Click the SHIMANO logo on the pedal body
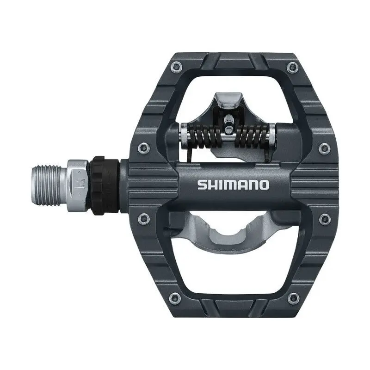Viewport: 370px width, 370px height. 233,185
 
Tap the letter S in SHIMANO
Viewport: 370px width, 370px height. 202,185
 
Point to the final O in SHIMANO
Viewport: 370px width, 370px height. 264,185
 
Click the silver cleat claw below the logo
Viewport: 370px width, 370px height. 231,231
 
